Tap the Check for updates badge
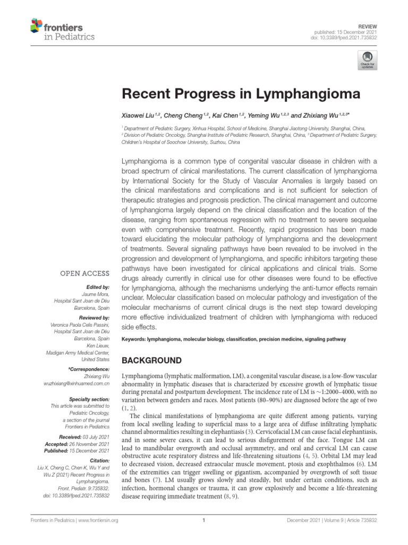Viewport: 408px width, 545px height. click(367, 60)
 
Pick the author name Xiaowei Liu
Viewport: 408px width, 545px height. click(141, 115)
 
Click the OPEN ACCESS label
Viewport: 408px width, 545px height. click(85, 274)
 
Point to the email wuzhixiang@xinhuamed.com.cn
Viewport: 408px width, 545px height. click(76, 383)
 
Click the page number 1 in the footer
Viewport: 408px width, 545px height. click(204, 520)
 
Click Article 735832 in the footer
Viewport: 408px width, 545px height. click(364, 520)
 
